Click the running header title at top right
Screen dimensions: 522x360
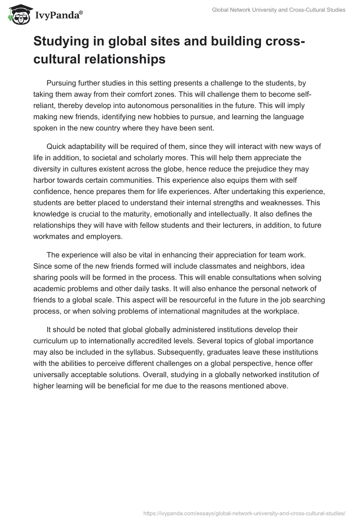click(x=279, y=10)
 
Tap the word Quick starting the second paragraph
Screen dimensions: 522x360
click(x=57, y=147)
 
